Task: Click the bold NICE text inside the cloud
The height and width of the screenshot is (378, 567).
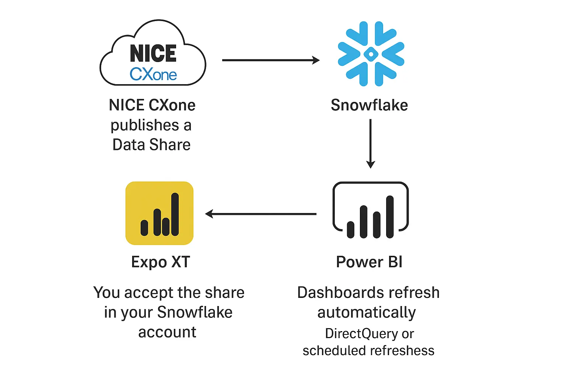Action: pos(153,54)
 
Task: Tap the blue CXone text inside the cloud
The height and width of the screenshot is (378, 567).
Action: pos(153,75)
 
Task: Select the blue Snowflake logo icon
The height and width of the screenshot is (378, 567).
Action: pos(371,54)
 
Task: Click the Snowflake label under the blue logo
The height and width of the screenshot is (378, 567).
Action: pos(369,105)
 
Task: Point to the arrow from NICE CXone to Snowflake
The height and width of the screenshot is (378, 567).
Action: pos(271,60)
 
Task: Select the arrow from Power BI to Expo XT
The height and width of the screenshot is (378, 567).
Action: pos(261,214)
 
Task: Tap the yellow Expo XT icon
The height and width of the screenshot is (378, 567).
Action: pos(159,213)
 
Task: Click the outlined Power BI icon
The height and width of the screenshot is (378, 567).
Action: pos(371,210)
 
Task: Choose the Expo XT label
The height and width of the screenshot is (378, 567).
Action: pos(161,262)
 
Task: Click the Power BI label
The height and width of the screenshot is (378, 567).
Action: pos(369,262)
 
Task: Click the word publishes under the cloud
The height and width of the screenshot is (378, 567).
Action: pos(145,126)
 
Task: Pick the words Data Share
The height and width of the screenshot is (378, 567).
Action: pos(151,145)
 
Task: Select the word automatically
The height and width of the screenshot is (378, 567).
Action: pos(367,313)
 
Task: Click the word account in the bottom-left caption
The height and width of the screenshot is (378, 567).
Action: pos(167,332)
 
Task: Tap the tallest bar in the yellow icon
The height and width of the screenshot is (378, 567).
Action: pos(175,214)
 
